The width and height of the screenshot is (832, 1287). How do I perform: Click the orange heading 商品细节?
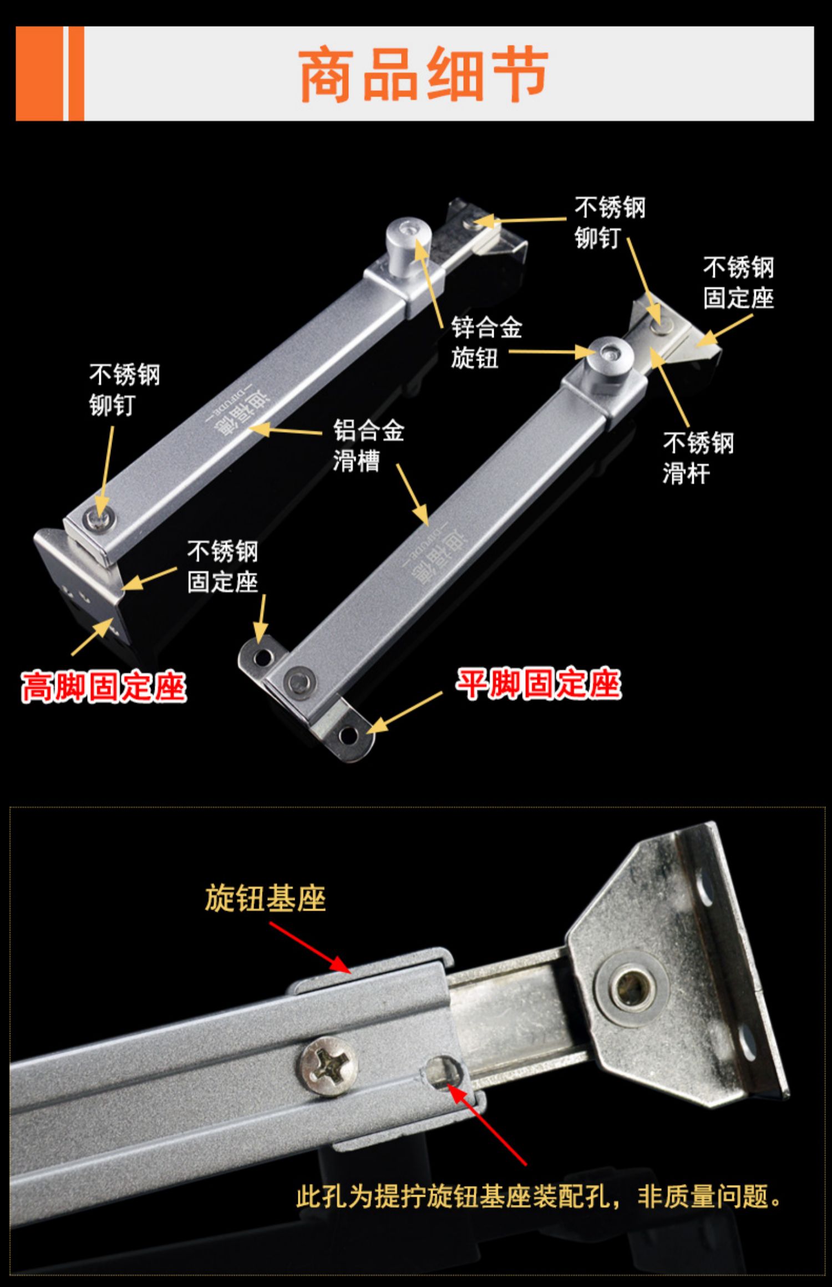pos(424,74)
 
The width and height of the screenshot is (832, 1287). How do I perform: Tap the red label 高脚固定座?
pos(103,687)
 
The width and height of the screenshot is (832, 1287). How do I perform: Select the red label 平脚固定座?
pos(538,683)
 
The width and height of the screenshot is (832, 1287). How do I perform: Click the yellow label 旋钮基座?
pos(265,898)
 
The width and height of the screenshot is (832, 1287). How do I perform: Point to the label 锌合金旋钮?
pos(486,343)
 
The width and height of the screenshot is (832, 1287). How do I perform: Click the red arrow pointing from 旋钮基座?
pos(311,948)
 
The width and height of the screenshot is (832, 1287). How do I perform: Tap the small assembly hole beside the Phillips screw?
pos(442,1070)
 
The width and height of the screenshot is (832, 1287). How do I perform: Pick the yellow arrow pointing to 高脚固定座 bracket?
pos(92,637)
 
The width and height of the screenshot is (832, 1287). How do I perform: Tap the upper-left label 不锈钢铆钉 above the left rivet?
pos(124,390)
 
